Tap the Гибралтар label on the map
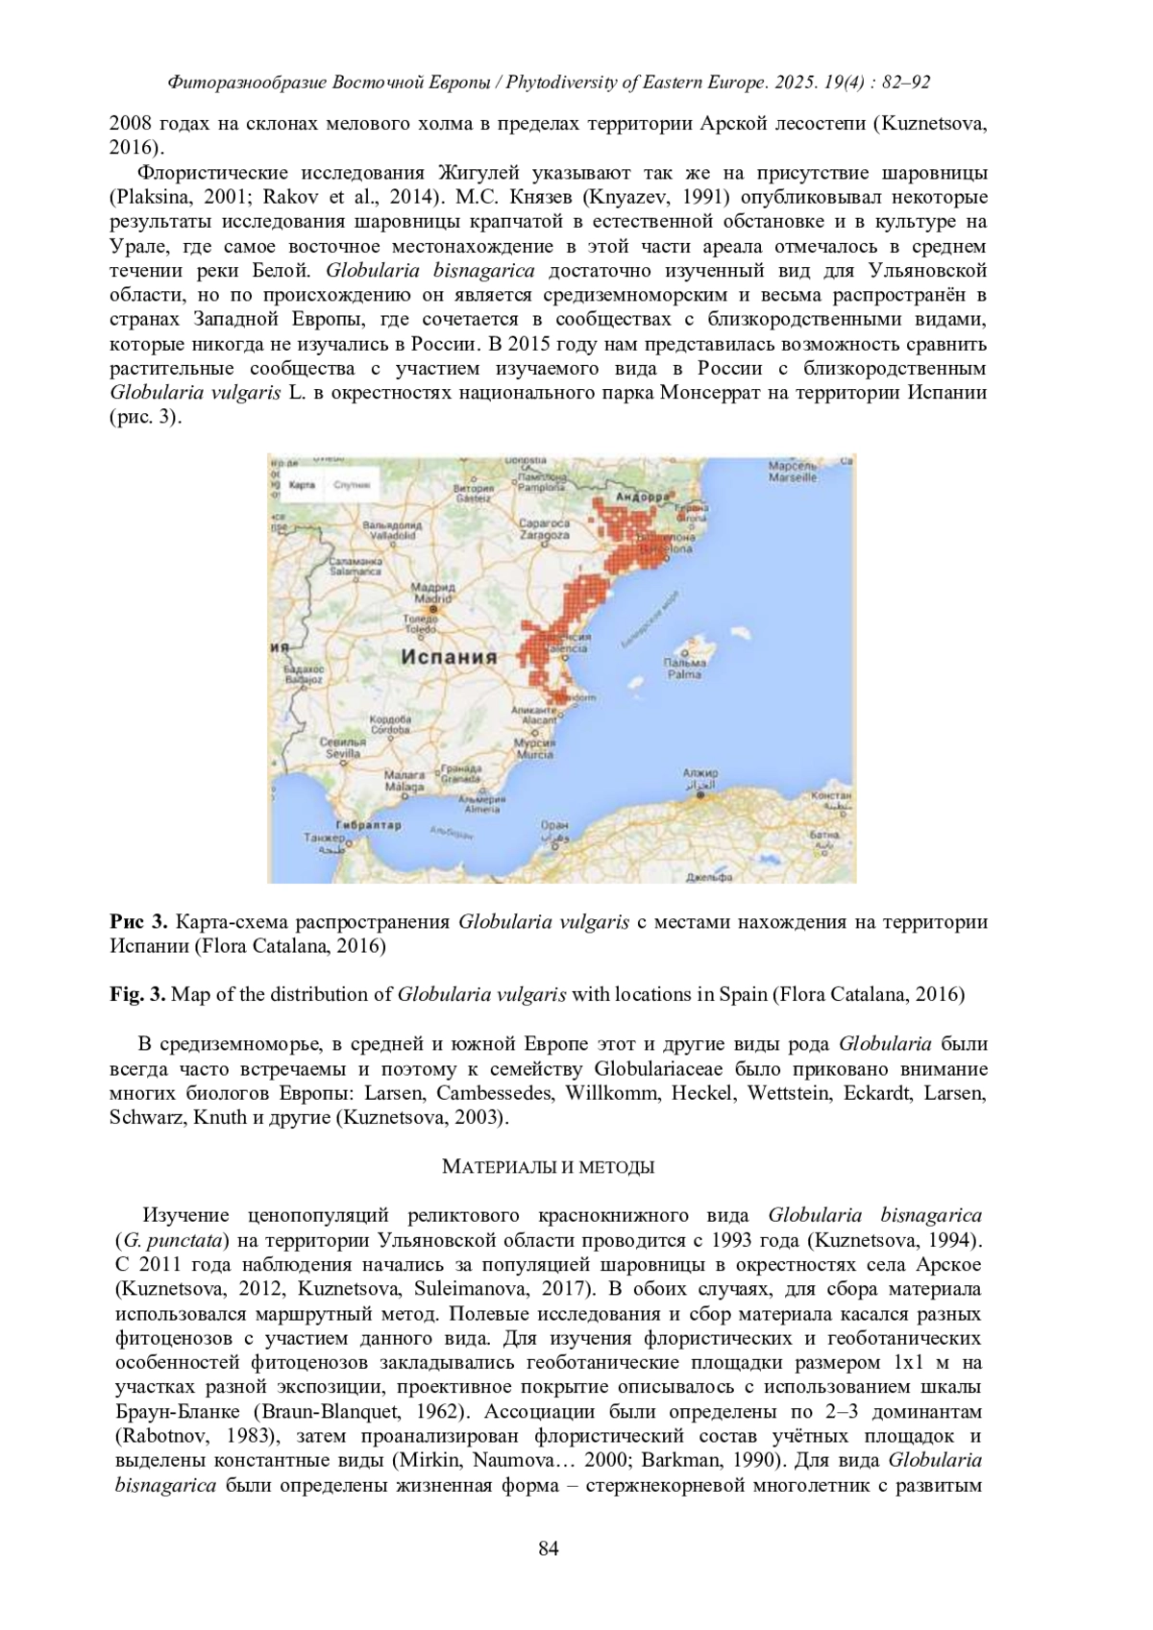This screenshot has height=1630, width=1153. coord(368,825)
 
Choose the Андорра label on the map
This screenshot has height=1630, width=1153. coord(642,497)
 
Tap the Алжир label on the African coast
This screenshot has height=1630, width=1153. coord(699,773)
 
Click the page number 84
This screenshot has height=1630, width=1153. coord(549,1547)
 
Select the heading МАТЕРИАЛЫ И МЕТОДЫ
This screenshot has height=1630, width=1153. coord(548,1168)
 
